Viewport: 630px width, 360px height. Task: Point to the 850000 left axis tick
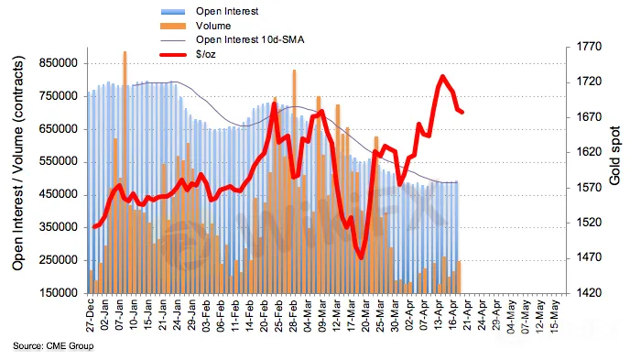(x=59, y=63)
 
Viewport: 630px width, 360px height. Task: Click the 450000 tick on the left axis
(x=59, y=194)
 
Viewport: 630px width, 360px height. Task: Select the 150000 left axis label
(x=59, y=293)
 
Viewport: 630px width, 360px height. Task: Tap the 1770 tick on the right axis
(x=589, y=47)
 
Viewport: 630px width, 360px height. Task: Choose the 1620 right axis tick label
(x=589, y=152)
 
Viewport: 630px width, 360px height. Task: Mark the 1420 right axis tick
(x=589, y=293)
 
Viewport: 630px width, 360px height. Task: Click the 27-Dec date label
(x=90, y=314)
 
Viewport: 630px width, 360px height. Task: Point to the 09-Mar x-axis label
(x=322, y=314)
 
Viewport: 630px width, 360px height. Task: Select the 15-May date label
(x=555, y=314)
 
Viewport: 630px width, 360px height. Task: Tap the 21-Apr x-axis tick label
(x=468, y=314)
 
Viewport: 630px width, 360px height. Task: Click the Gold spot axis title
(x=614, y=156)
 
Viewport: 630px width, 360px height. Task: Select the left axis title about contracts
(x=18, y=163)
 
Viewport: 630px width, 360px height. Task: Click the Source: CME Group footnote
(x=53, y=346)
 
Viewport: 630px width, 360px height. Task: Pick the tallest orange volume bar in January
(x=125, y=172)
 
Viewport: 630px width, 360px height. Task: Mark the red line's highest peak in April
(x=442, y=76)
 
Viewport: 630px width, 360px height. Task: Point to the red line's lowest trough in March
(x=361, y=257)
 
